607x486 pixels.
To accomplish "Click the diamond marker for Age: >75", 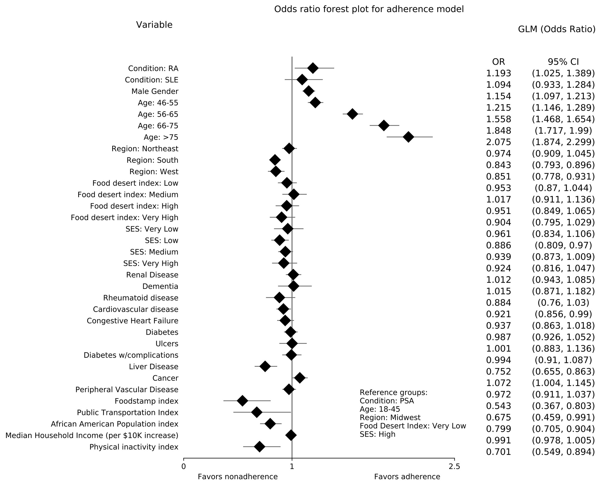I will (409, 137).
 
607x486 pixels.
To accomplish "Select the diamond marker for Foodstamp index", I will (242, 401).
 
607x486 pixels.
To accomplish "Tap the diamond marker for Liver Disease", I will (265, 366).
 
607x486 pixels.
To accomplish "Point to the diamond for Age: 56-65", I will (352, 114).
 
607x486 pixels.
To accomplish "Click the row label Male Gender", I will (155, 91).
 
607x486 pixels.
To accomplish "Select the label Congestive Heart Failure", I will (133, 321).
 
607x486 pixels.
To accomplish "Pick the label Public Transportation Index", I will (127, 413).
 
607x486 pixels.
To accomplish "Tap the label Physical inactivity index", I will (134, 447).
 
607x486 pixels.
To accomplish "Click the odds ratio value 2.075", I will (499, 142).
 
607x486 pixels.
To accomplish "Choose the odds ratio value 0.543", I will (499, 406).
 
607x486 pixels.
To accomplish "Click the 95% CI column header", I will (563, 62).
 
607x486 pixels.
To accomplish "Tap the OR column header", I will (499, 62).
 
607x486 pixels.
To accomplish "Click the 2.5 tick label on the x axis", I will (454, 467).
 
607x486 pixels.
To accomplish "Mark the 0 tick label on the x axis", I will (184, 467).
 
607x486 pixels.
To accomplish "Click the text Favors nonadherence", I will (238, 477).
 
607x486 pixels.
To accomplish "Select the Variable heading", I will (154, 25).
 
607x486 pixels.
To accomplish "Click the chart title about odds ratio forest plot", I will (369, 9).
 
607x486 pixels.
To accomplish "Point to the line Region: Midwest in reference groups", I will (390, 417).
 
